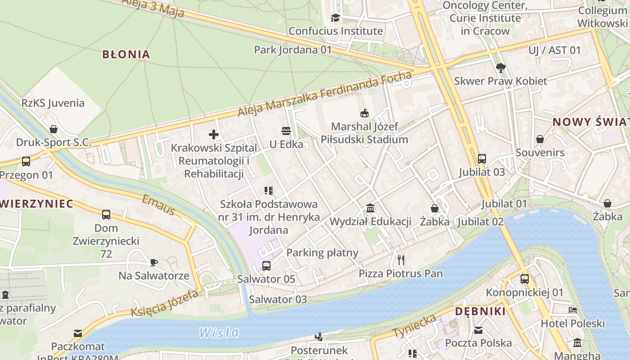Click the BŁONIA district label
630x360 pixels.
click(126, 54)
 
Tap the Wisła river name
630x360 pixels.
click(219, 333)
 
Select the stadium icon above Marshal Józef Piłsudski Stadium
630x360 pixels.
click(364, 113)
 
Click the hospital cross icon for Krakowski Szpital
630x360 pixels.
click(214, 134)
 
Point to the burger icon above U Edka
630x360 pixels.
click(286, 131)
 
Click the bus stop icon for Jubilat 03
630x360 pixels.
click(482, 158)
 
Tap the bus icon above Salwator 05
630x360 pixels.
click(266, 265)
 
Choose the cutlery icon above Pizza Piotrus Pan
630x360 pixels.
click(401, 260)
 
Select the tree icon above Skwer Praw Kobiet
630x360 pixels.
click(500, 68)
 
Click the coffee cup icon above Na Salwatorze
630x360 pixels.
click(153, 262)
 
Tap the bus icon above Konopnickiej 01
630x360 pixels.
click(525, 279)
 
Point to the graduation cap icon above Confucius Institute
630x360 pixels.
click(336, 18)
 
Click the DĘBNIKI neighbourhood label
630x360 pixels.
click(480, 311)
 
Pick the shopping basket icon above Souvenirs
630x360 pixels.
click(540, 139)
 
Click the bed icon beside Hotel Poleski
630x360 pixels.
click(573, 310)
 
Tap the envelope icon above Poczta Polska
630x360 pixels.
click(478, 330)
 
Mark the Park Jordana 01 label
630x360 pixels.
click(292, 49)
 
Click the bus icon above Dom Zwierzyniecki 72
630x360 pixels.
click(106, 215)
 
